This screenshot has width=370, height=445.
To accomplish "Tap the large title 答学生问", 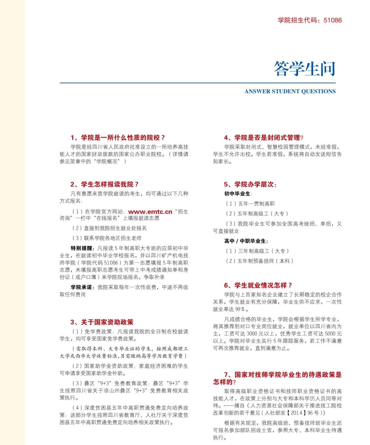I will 304,69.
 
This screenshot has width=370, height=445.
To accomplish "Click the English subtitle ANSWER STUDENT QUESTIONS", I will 290,91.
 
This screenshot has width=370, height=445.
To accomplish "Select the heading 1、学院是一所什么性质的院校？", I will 118,138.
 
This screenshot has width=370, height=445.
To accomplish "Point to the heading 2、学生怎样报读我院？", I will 104,184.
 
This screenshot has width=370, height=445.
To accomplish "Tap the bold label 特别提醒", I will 82,248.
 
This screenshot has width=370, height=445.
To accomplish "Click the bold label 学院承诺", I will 82,287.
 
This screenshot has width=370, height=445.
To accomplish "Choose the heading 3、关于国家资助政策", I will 102,322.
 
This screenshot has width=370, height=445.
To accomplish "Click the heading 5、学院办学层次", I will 250,184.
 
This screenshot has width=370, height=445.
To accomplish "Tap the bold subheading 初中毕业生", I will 237,194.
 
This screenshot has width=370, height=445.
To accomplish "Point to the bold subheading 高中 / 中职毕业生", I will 246,241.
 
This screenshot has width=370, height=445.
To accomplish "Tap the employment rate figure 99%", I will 240,309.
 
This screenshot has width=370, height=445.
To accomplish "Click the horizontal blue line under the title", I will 198,83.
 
